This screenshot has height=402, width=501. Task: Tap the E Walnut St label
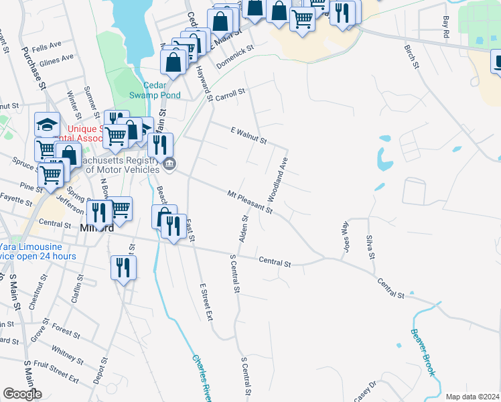click(x=248, y=136)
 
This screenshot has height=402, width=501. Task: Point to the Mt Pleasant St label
click(x=250, y=202)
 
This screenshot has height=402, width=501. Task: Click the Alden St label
click(x=243, y=228)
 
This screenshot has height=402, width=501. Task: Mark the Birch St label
click(x=411, y=56)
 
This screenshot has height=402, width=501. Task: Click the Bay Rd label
click(x=446, y=27)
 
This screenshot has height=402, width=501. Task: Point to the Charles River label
click(x=200, y=378)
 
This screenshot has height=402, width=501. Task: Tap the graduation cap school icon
click(x=48, y=125)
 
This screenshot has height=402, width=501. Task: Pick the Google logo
click(x=22, y=394)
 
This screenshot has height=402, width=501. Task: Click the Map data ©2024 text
click(x=472, y=396)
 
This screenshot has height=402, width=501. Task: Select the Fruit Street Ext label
click(x=58, y=373)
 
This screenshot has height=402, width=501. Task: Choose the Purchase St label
click(x=33, y=67)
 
